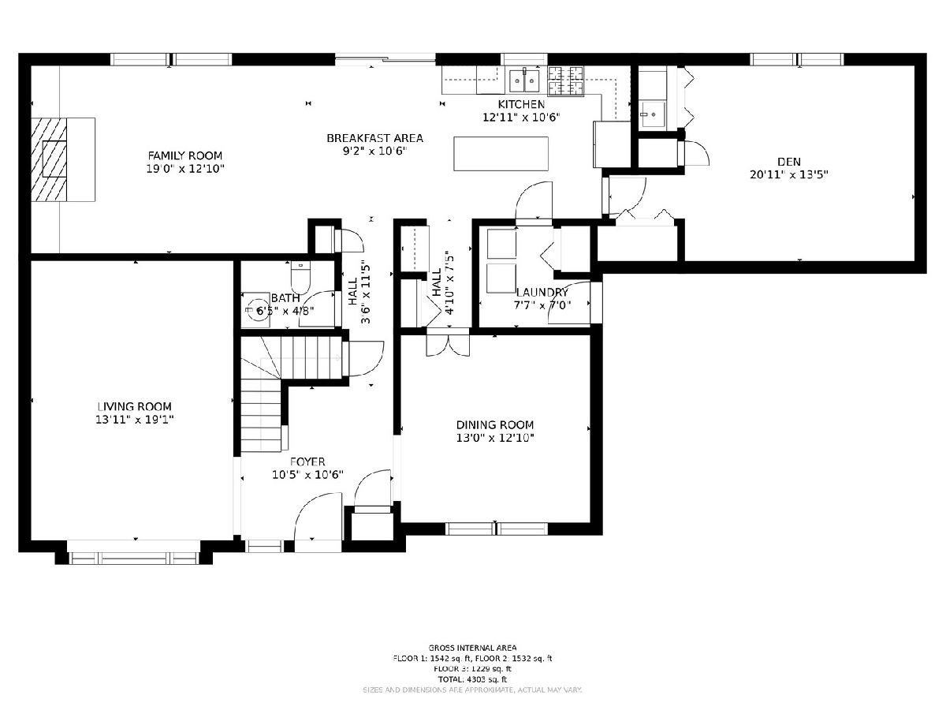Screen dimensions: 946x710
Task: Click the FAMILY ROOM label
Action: point(185,155)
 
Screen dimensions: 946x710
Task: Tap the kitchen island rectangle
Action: point(501,154)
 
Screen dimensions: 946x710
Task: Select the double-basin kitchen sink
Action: point(524,80)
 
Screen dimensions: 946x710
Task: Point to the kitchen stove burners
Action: point(565,81)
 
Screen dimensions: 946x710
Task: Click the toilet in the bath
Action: point(300,276)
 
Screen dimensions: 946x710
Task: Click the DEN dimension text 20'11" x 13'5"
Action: point(789,174)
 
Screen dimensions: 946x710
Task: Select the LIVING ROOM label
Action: point(135,406)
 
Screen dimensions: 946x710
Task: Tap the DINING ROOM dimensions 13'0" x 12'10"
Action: point(495,438)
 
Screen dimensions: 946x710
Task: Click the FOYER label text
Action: point(307,461)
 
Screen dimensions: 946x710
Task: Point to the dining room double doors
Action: point(449,342)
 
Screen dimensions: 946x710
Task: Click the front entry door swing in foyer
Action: point(318,523)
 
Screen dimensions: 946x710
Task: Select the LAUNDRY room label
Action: point(542,292)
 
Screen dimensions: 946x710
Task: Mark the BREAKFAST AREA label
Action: point(375,138)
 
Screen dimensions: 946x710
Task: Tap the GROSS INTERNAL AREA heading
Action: point(472,648)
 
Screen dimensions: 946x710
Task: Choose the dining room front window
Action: point(497,529)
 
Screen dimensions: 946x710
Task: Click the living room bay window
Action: point(134,559)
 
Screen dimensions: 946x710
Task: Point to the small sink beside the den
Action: point(652,114)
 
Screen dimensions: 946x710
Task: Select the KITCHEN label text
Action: point(522,104)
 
